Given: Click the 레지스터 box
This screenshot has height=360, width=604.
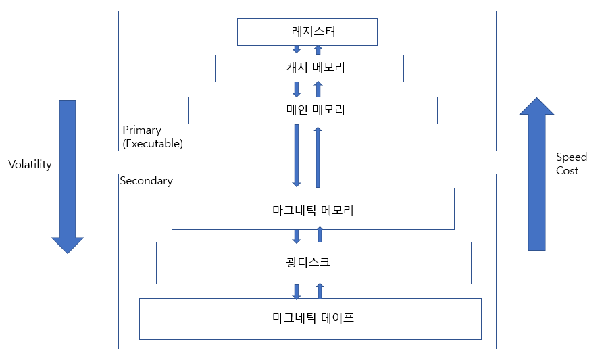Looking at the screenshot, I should tap(307, 32).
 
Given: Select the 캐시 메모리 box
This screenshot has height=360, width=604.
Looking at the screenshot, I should tap(309, 68).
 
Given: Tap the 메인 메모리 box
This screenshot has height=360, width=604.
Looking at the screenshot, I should tap(313, 110).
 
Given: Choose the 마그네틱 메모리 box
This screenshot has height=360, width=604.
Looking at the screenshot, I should tap(313, 209).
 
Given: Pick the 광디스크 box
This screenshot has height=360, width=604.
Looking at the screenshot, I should tap(313, 263).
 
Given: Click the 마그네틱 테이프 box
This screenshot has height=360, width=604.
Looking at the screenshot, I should tap(310, 318).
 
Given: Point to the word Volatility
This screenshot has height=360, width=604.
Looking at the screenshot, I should tap(30, 164).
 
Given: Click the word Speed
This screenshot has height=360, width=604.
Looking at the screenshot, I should tap(572, 157).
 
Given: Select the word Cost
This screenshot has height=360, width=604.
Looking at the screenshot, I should tap(567, 171).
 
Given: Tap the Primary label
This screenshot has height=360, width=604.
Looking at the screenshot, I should tap(143, 130).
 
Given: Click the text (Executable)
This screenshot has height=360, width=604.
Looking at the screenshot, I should tap(153, 143).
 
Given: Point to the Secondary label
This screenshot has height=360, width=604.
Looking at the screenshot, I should tap(146, 180).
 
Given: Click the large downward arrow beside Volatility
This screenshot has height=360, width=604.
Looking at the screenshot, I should tap(68, 176).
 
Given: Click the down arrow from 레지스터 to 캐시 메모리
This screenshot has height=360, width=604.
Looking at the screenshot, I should tap(297, 49).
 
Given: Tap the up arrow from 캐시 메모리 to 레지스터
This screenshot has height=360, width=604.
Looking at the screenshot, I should tap(319, 49).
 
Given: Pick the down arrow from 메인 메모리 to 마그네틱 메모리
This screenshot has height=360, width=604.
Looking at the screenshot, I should tap(297, 155).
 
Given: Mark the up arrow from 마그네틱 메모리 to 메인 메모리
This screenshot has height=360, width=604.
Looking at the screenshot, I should tap(318, 157).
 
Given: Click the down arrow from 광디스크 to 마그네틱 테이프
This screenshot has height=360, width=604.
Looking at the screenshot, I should tap(297, 291).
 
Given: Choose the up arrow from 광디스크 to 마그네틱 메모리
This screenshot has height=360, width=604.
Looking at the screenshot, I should tap(320, 234).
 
